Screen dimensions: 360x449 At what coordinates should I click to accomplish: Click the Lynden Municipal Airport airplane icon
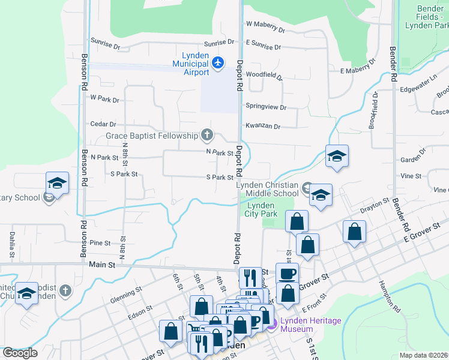pyautogui.click(x=218, y=62)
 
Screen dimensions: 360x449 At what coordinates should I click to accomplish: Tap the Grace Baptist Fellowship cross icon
pyautogui.click(x=207, y=134)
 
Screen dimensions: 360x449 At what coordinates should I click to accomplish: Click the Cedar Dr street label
pyautogui.click(x=103, y=124)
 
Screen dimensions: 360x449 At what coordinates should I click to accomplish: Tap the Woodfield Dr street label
pyautogui.click(x=264, y=76)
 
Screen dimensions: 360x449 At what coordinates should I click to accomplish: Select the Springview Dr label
pyautogui.click(x=266, y=107)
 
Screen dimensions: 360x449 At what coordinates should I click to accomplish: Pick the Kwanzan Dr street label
pyautogui.click(x=263, y=127)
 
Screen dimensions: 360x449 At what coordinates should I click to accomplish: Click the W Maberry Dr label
pyautogui.click(x=265, y=26)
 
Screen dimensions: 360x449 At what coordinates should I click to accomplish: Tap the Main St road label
pyautogui.click(x=101, y=264)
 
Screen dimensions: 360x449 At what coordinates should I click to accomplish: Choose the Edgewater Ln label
pyautogui.click(x=419, y=88)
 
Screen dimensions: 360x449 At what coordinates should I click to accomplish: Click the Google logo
pyautogui.click(x=20, y=353)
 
